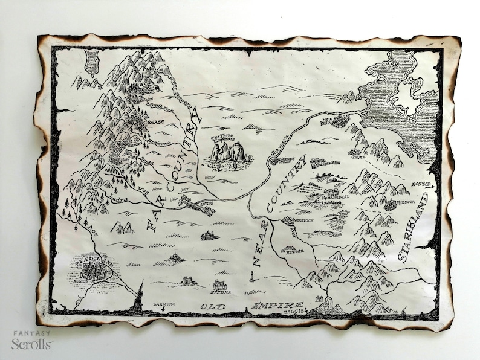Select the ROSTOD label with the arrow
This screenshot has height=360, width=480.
[422, 184]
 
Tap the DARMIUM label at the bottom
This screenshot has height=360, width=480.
[163, 304]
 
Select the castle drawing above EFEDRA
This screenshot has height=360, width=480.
[219, 284]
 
